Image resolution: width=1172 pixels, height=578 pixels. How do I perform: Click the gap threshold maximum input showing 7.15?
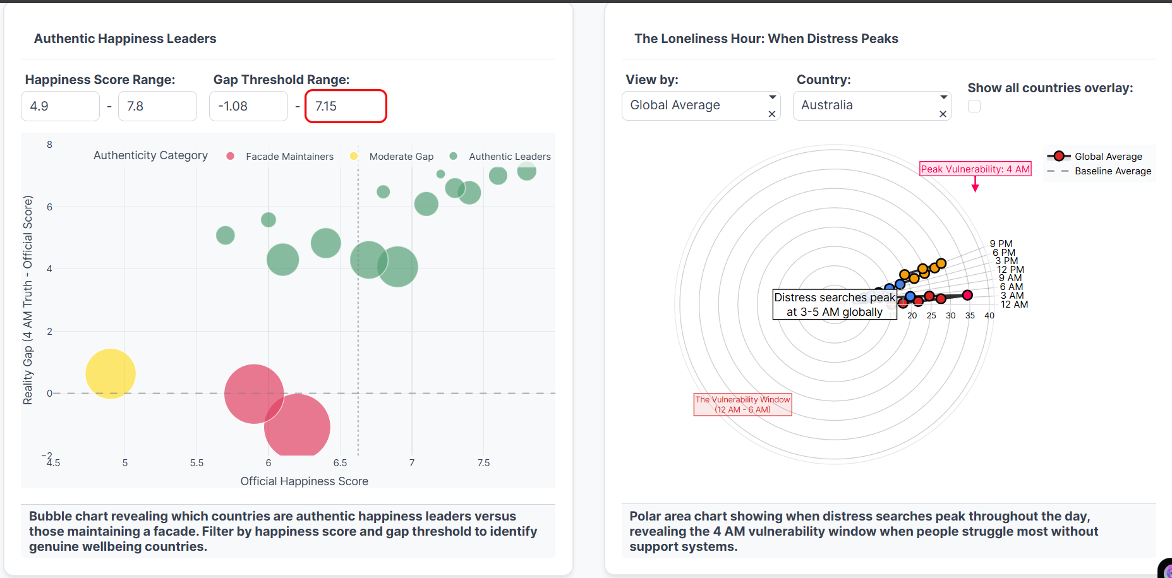click(x=346, y=106)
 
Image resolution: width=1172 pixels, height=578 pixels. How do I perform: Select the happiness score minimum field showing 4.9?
click(x=60, y=106)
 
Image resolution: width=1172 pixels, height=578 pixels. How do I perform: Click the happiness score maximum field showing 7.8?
click(x=157, y=106)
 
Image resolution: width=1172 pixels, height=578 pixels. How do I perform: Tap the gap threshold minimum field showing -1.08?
click(x=248, y=106)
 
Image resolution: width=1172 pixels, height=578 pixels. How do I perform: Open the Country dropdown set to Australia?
click(x=871, y=105)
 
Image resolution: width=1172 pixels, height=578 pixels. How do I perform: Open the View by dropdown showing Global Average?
click(x=700, y=105)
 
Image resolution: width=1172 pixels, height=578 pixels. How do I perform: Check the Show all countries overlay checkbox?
click(x=974, y=106)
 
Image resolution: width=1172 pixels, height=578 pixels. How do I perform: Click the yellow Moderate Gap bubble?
click(x=111, y=373)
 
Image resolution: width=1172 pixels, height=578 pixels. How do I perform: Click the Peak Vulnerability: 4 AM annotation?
click(x=975, y=169)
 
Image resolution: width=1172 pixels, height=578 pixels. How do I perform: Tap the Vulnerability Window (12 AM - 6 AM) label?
click(x=742, y=404)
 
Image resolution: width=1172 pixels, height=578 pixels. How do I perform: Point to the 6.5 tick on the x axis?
click(x=340, y=463)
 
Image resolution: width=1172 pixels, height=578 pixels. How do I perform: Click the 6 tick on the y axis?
click(x=49, y=207)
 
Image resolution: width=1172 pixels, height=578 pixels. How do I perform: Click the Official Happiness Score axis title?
click(x=304, y=481)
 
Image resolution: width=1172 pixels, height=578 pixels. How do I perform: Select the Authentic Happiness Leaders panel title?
click(x=125, y=39)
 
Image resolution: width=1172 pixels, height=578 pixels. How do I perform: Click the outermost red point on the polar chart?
click(x=967, y=295)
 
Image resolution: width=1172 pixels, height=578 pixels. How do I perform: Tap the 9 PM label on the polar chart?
click(x=1001, y=244)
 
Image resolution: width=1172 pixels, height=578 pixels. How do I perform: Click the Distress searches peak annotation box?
click(x=834, y=304)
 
